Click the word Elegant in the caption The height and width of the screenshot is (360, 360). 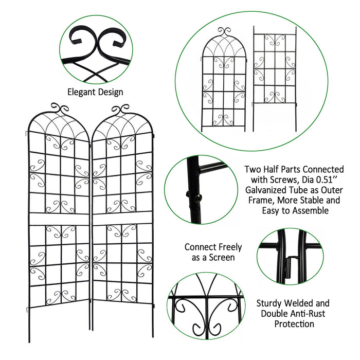82,92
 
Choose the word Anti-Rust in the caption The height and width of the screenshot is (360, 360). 309,314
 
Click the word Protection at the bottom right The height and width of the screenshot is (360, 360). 294,324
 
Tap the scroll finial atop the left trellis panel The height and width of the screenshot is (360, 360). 58,109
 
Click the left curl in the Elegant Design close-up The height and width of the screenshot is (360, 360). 81,37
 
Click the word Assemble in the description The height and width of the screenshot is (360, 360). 307,211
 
